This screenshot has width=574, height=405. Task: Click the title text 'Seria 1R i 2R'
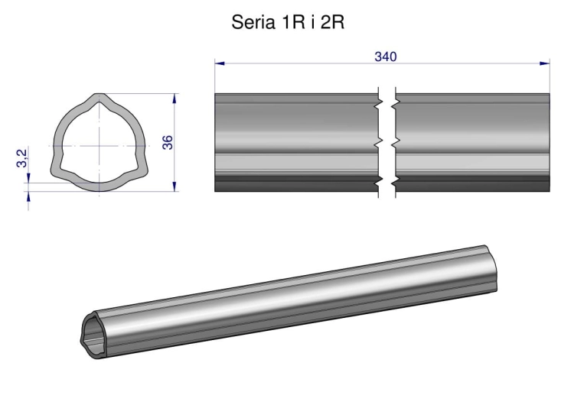tap(287, 23)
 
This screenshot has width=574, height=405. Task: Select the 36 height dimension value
tap(168, 142)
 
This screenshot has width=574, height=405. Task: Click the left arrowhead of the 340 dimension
tap(220, 63)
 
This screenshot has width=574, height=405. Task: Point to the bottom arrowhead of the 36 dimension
tap(175, 186)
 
